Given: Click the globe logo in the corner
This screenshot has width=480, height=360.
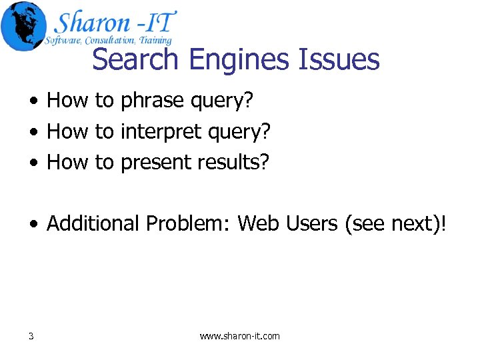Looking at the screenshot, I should (x=24, y=25).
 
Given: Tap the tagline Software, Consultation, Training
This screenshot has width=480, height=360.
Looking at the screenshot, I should (x=108, y=41).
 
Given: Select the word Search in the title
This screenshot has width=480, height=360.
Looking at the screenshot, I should (x=137, y=59).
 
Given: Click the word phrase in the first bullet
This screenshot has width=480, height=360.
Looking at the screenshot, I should (x=152, y=101).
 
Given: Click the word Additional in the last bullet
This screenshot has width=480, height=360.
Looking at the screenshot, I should (x=93, y=223).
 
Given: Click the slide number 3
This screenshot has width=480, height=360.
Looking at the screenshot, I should (x=31, y=336).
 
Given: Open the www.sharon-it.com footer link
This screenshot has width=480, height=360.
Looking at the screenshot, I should (x=240, y=336).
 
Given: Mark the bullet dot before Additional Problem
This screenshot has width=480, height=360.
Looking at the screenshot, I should (x=33, y=224).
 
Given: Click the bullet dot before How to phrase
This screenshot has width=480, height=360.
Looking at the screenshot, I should (x=33, y=101).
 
